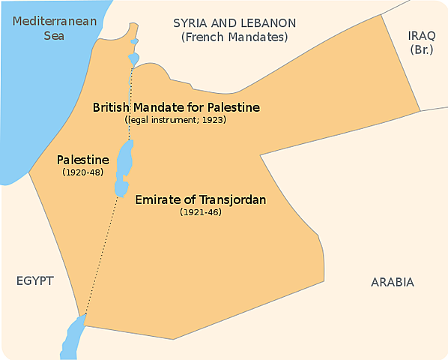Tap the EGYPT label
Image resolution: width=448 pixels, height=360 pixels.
pos(34,281)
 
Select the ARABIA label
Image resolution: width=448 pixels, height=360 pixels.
pos(392,283)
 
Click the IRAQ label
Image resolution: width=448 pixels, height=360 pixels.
pos(421,35)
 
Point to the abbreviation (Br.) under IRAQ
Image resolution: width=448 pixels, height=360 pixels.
pos(421,49)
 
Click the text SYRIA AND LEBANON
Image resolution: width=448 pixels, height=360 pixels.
pos(234,22)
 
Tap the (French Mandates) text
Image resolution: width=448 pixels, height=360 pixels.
pos(234,37)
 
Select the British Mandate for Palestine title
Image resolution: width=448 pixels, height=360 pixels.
pos(176,107)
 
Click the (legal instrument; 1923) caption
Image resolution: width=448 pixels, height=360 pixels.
pos(176,120)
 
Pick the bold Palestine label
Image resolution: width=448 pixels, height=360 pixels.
pos(83,160)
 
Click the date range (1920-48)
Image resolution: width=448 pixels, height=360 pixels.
pos(83,172)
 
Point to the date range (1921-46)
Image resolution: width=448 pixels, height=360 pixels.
pos(201,213)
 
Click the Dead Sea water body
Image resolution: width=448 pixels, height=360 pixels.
pos(124,168)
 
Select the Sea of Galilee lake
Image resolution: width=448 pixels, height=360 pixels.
pos(134,58)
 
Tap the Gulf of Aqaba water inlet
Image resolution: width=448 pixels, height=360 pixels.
pos(73,335)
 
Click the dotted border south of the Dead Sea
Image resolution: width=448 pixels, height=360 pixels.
pos(100,255)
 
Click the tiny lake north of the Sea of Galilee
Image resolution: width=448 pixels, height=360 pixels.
pos(135,41)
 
